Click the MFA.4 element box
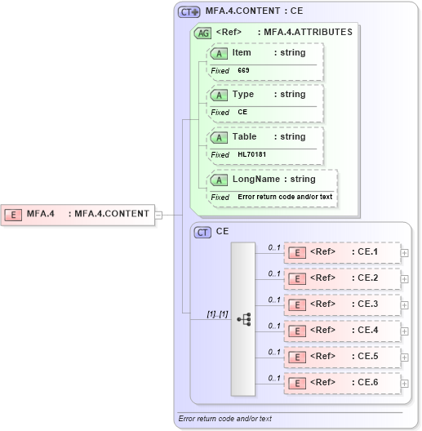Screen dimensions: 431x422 point(78,215)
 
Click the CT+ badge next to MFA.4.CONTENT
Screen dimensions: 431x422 point(189,12)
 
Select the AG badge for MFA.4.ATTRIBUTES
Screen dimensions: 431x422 point(202,33)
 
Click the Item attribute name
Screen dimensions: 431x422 point(242,52)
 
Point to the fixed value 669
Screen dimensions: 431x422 point(243,70)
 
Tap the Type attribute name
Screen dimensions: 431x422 point(242,94)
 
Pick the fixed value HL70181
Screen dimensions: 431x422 point(252,154)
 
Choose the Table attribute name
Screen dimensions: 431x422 point(244,136)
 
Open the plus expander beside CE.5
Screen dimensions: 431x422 point(405,357)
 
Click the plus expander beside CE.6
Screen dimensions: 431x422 point(405,383)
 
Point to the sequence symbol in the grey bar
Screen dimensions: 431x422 point(243,319)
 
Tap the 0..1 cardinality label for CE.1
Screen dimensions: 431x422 point(274,247)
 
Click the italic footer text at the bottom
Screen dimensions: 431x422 point(224,419)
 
